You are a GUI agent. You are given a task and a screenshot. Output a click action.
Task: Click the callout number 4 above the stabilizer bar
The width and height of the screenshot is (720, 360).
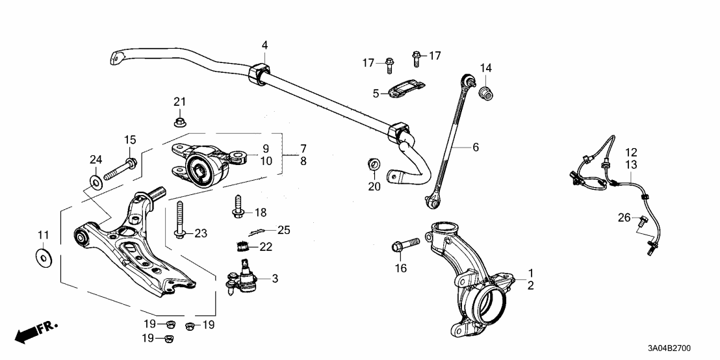(264, 45)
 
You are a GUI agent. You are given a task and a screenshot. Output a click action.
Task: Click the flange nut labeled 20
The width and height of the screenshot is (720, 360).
(374, 164)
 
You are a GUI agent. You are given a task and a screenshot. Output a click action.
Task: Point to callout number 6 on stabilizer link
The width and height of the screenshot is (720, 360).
(476, 148)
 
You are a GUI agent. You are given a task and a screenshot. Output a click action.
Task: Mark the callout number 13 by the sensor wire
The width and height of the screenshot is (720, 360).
(632, 165)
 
